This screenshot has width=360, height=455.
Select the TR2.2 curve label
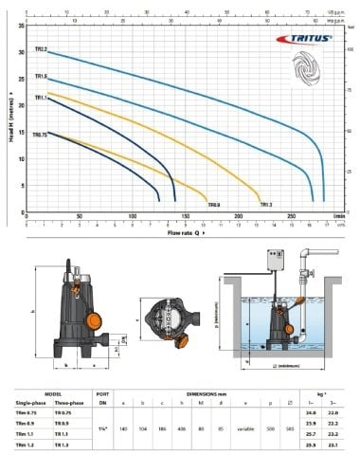pos(41,48)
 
